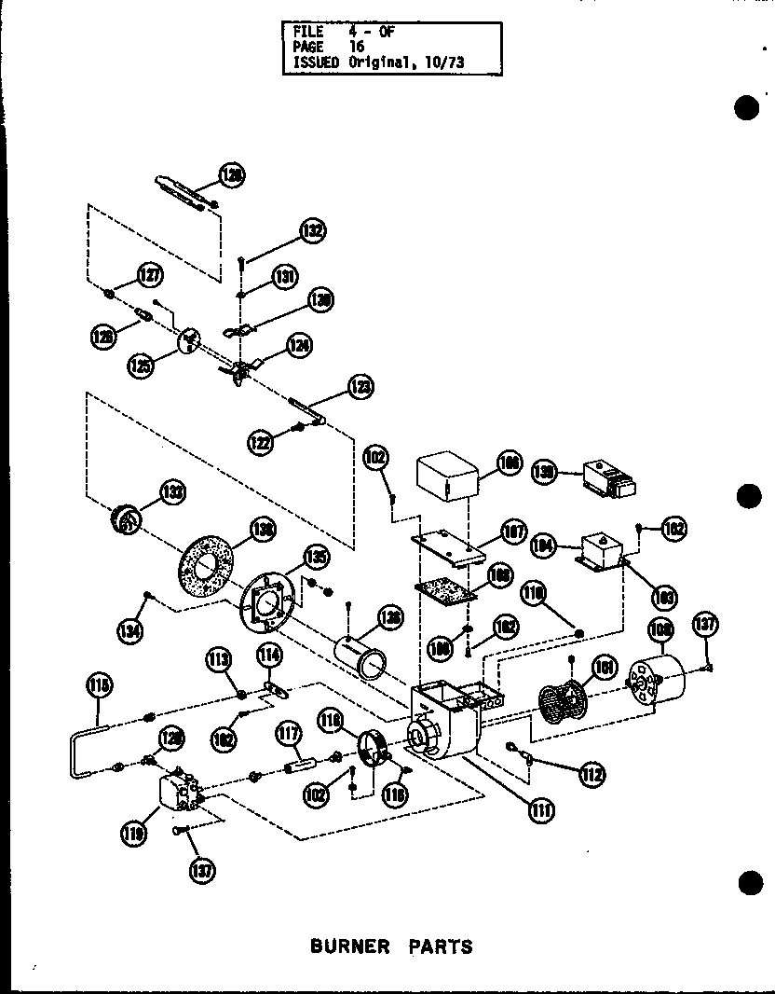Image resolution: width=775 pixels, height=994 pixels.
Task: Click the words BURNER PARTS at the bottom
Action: [x=391, y=946]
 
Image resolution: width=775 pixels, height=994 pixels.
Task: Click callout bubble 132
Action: [x=312, y=230]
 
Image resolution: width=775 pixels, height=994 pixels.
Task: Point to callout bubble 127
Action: [x=149, y=275]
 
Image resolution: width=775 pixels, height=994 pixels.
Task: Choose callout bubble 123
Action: [x=360, y=385]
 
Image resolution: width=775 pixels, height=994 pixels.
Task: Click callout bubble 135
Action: [x=317, y=559]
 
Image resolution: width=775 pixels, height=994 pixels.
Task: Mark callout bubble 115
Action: [x=100, y=687]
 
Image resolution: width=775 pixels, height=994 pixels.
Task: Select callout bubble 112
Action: [x=590, y=773]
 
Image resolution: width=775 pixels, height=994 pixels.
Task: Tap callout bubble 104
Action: [x=543, y=545]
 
